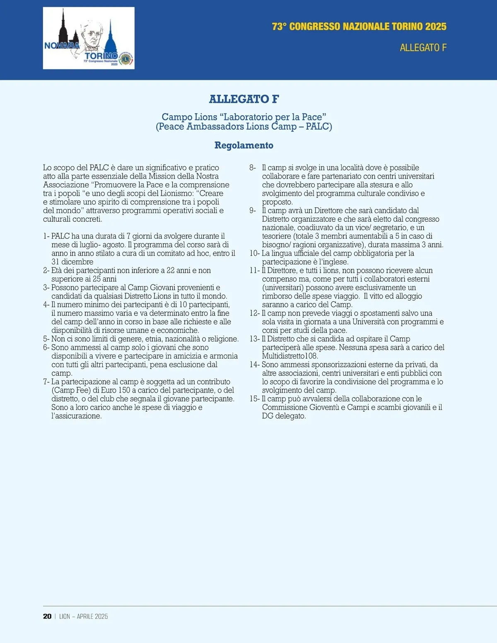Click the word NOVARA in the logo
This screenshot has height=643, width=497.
62,46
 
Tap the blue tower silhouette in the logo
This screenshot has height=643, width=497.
111,39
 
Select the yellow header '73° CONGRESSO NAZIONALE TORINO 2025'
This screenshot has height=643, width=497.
359,27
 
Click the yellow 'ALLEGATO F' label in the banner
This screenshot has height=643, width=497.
423,48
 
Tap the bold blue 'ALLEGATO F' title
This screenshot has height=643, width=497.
244,99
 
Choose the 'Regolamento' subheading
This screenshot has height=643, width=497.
244,145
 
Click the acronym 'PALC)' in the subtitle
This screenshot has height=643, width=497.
319,126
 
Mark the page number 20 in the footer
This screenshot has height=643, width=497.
47,616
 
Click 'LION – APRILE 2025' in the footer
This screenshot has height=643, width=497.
84,616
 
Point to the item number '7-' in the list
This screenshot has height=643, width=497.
46,382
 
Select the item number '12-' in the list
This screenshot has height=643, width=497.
255,313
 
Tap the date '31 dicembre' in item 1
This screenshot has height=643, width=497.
72,262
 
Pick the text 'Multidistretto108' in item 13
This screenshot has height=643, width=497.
290,356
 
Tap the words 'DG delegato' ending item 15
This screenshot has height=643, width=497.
284,416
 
